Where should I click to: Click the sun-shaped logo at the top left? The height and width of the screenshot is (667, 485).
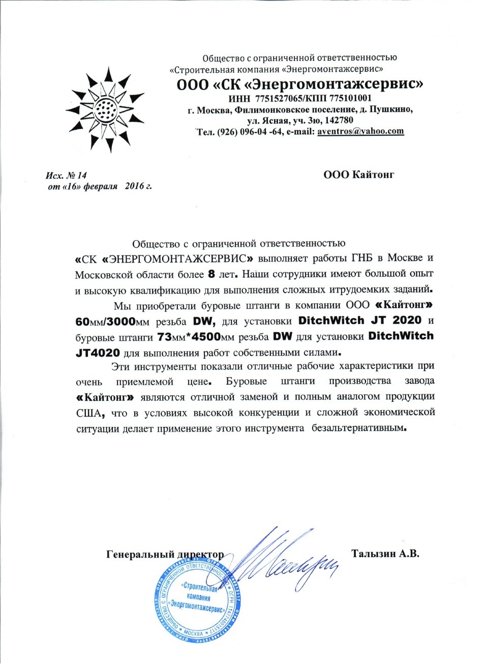click(x=106, y=109)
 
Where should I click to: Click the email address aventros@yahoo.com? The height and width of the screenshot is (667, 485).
click(x=360, y=131)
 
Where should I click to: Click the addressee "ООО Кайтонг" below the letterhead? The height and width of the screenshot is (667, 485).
click(x=359, y=175)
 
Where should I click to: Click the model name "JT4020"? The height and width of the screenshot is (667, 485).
click(x=98, y=353)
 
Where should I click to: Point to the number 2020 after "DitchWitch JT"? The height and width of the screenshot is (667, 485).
click(x=403, y=321)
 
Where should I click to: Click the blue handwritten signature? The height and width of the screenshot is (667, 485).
click(x=285, y=560)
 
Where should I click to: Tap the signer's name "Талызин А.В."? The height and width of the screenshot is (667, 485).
click(x=385, y=554)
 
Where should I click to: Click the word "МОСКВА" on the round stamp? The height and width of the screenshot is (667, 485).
click(x=193, y=633)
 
